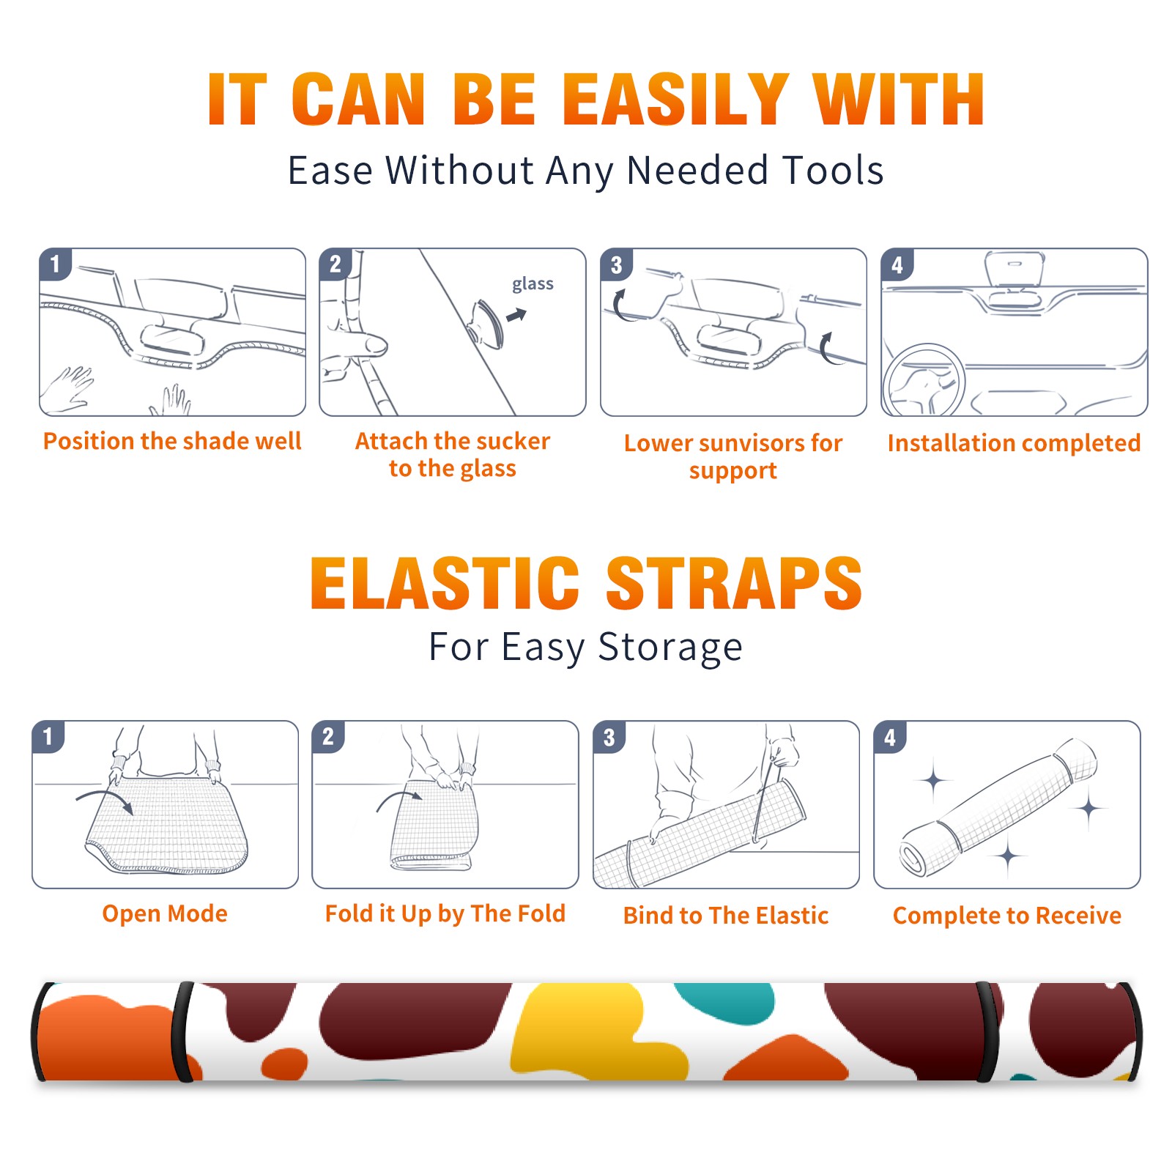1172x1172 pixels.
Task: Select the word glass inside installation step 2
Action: click(533, 284)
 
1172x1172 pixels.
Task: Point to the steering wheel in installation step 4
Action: click(923, 380)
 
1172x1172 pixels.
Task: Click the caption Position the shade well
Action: click(172, 441)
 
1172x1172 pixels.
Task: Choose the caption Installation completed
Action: click(1014, 442)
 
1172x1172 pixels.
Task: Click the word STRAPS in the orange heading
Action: click(734, 583)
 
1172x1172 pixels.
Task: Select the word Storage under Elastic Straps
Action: click(670, 648)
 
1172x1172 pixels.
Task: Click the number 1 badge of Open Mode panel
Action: click(48, 737)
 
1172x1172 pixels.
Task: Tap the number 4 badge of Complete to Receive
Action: click(890, 737)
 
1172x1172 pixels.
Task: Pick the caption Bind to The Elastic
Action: click(726, 916)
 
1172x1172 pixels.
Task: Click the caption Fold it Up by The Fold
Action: click(445, 914)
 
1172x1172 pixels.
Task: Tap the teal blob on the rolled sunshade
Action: click(725, 1001)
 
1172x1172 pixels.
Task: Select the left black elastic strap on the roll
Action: click(183, 1031)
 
